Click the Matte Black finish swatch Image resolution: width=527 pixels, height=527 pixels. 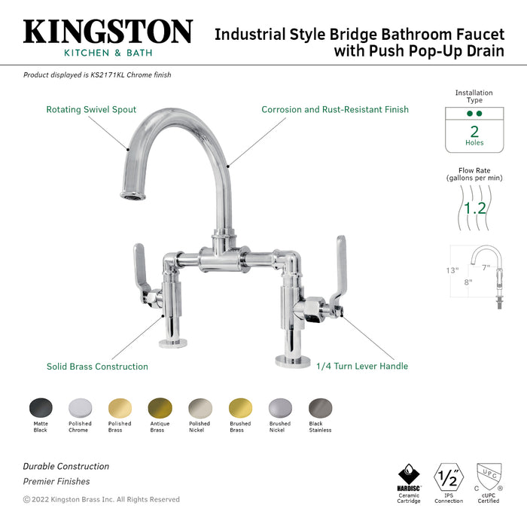(41, 408)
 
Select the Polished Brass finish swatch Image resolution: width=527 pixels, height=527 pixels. (120, 408)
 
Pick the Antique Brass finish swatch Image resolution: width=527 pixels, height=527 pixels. (160, 408)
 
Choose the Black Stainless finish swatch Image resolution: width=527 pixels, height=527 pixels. (320, 408)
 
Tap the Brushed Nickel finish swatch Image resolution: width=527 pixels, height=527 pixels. (280, 408)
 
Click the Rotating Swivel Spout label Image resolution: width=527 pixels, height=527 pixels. (91, 110)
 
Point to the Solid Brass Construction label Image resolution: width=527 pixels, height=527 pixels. (97, 367)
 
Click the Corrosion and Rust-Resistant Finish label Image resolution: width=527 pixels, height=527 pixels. (335, 110)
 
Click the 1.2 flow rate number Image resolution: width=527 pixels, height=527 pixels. (474, 207)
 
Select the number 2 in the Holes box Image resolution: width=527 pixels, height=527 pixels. (474, 131)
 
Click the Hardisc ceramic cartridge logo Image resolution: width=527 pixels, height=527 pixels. (409, 476)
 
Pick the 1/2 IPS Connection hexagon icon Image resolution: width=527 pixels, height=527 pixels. (449, 476)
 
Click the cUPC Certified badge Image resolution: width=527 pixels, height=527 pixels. (489, 476)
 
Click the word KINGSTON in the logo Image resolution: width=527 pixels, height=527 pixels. (108, 32)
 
